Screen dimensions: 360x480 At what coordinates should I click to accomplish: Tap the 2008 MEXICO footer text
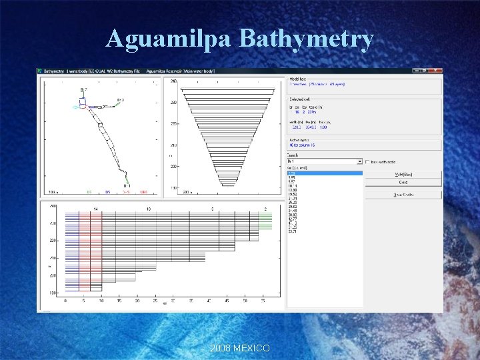pyautogui.click(x=239, y=349)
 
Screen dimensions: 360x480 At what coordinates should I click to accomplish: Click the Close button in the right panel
pyautogui.click(x=403, y=182)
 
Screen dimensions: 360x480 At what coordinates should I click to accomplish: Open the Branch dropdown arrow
pyautogui.click(x=360, y=161)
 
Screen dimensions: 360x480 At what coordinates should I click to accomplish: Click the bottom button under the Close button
pyautogui.click(x=403, y=195)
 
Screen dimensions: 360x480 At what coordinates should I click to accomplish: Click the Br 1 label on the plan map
pyautogui.click(x=126, y=185)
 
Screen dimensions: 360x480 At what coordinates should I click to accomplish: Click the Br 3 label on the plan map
pyautogui.click(x=121, y=100)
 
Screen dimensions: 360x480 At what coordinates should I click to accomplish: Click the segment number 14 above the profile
pyautogui.click(x=96, y=209)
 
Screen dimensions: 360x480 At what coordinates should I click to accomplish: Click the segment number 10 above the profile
pyautogui.click(x=149, y=209)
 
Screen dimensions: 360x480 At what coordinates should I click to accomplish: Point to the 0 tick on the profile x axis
pyautogui.click(x=65, y=301)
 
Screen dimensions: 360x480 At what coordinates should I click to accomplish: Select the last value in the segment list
pyautogui.click(x=293, y=231)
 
